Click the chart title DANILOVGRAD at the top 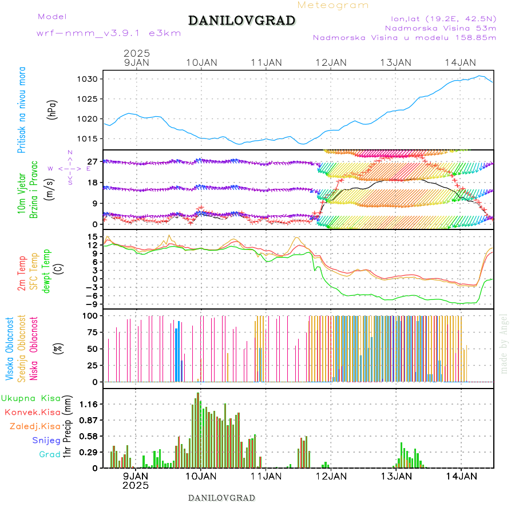tap(241, 21)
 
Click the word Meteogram tap(334, 5)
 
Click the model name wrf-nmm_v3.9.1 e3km tap(109, 33)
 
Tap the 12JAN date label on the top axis tap(331, 62)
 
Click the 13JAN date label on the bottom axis tap(395, 476)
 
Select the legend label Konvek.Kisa tap(32, 412)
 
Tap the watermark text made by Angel tap(504, 343)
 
